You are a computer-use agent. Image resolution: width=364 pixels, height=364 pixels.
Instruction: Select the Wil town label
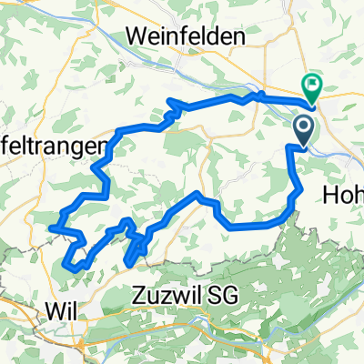(x=60, y=310)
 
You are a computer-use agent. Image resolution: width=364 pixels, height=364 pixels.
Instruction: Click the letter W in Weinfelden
(x=142, y=36)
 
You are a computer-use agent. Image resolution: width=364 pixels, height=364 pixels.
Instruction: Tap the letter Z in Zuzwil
(x=139, y=296)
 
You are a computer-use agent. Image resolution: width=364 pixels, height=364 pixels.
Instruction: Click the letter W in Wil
(x=53, y=310)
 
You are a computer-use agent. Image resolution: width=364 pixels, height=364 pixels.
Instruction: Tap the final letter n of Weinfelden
(x=240, y=36)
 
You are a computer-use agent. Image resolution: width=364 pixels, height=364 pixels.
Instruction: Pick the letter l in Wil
(x=72, y=310)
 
